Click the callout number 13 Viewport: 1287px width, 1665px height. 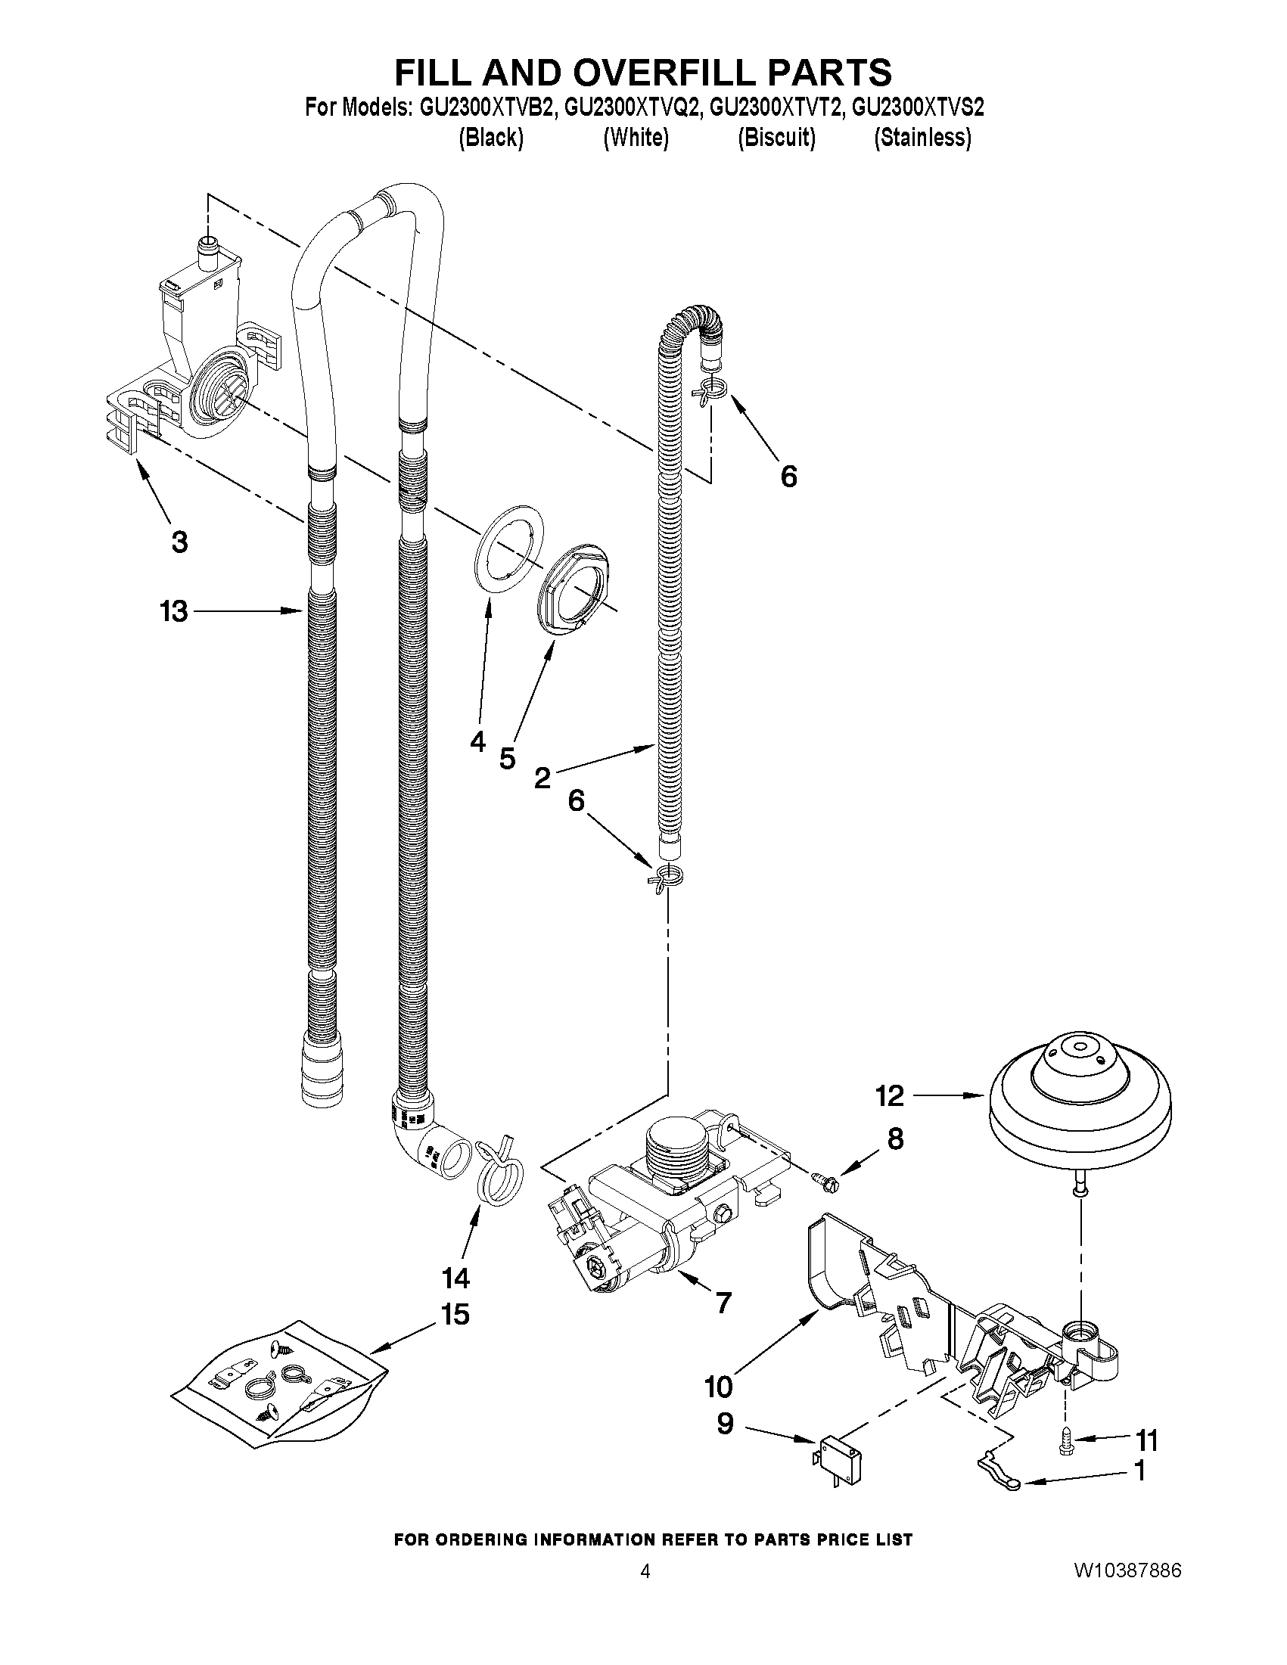click(x=174, y=611)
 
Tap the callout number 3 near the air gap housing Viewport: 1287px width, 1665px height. click(x=179, y=542)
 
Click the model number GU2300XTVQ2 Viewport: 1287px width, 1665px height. click(x=631, y=107)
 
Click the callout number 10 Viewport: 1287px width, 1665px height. click(x=718, y=1387)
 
